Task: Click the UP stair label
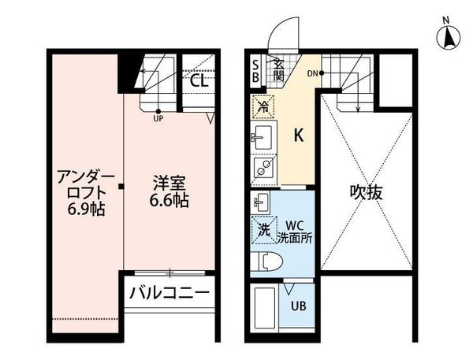(158, 120)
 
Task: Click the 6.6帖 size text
(170, 201)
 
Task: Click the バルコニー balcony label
(169, 293)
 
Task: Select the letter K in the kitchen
(299, 135)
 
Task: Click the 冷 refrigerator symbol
(263, 105)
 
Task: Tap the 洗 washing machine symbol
(263, 231)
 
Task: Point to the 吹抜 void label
(367, 191)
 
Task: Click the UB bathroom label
(300, 306)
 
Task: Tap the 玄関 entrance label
(278, 70)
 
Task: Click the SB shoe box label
(255, 70)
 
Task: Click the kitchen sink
(263, 136)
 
